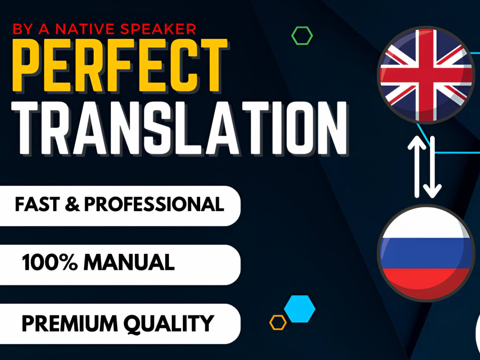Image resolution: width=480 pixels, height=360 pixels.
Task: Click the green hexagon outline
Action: [x=302, y=36]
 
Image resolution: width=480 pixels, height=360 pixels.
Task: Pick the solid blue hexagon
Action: [x=300, y=309]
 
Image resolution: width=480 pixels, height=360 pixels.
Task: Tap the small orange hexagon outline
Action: [x=278, y=322]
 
